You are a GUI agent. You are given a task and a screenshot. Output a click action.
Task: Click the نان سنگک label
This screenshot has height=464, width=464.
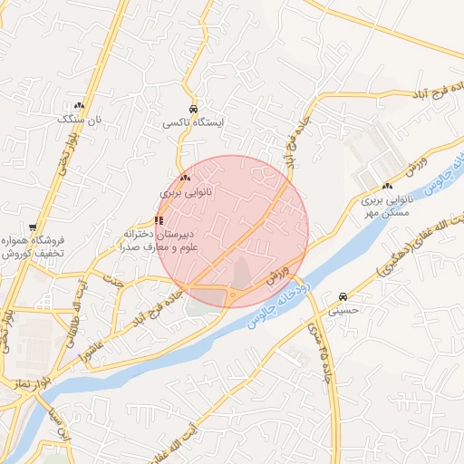(75, 119)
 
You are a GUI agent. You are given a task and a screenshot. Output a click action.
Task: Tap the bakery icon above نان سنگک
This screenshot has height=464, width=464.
(79, 106)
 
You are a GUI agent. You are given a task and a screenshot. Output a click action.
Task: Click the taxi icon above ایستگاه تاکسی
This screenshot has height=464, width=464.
(192, 108)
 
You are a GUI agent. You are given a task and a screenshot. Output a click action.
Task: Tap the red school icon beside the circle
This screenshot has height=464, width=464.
(159, 219)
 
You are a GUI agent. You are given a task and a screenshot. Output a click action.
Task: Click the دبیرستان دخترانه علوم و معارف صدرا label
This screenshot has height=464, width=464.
(162, 238)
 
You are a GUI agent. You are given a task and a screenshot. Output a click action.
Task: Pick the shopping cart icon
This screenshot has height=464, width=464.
(34, 227)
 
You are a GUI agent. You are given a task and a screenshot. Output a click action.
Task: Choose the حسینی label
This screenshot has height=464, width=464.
(343, 309)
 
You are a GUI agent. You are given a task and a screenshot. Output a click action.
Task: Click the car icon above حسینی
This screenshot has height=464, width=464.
(343, 296)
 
